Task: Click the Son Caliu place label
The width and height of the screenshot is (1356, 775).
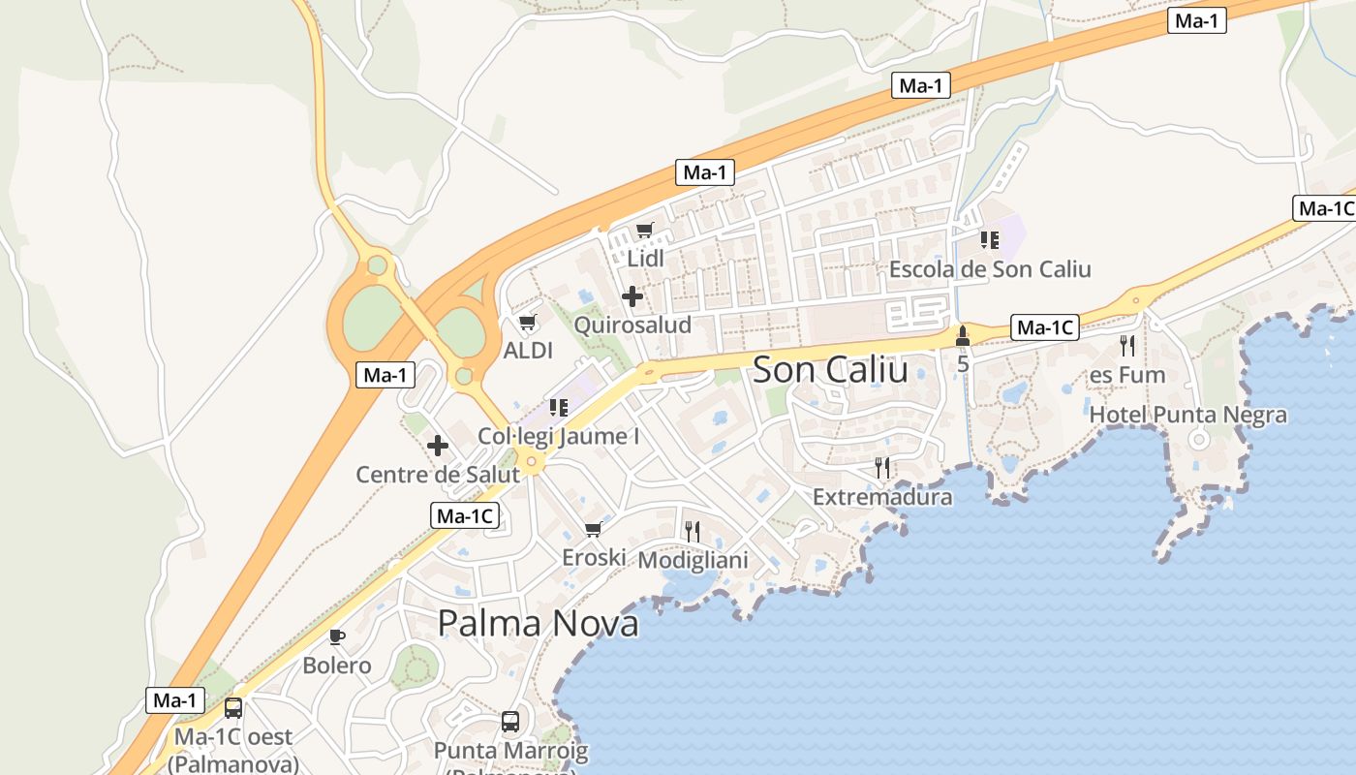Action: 830,369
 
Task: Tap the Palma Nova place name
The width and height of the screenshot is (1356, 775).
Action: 538,623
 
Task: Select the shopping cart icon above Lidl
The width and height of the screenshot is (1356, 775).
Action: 645,231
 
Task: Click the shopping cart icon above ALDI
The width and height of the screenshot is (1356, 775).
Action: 528,323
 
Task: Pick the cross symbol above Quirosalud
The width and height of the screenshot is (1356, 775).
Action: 632,295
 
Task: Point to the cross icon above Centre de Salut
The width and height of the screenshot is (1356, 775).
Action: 438,446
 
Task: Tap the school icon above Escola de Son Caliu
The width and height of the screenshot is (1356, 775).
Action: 989,239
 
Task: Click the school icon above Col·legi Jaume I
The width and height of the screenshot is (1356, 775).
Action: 558,408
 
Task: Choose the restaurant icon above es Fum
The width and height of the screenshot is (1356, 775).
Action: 1126,346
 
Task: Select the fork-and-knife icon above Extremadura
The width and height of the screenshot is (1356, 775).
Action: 881,468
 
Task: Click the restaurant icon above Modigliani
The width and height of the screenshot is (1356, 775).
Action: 692,531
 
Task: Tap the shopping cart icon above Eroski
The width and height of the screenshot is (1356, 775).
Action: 594,529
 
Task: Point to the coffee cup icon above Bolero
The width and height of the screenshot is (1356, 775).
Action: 336,636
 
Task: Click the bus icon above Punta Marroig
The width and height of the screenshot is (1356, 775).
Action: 510,722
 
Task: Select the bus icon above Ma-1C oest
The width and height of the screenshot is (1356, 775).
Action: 233,708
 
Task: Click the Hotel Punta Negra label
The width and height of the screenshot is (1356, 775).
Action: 1188,416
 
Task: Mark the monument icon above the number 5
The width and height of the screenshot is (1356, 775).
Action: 962,337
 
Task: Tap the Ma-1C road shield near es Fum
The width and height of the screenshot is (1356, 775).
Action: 1044,328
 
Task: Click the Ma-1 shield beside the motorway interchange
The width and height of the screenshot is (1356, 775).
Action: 385,375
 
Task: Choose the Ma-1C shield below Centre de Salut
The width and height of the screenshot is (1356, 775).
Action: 465,516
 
